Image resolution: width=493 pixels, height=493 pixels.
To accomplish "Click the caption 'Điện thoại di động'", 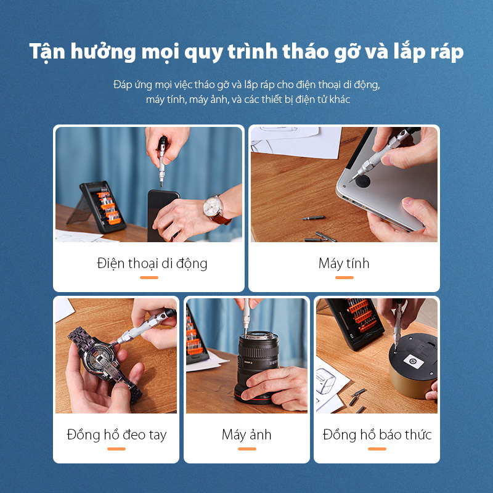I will [x=152, y=264].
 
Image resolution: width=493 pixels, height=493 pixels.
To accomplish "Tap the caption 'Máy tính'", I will [x=344, y=264].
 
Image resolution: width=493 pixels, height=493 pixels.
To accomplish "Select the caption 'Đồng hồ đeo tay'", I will [x=116, y=434].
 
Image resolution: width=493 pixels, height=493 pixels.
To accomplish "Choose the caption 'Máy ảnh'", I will [x=246, y=434].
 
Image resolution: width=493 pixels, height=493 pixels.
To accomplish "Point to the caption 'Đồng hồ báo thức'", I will [x=377, y=434].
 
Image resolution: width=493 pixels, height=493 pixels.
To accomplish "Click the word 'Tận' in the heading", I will [x=49, y=52].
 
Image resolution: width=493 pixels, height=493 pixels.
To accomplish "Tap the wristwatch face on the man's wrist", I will [x=213, y=205].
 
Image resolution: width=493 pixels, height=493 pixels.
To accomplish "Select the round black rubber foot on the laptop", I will [x=360, y=181].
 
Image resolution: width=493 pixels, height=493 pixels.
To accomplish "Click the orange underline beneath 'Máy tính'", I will [x=344, y=278].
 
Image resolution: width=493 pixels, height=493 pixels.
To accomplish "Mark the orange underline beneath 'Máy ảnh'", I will [x=246, y=449].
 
